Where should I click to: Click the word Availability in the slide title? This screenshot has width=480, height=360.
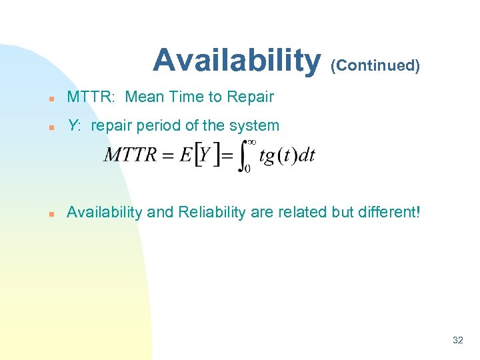pyautogui.click(x=236, y=60)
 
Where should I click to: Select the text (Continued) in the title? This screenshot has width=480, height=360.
pyautogui.click(x=376, y=66)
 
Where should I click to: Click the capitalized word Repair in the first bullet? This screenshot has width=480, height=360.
pyautogui.click(x=250, y=97)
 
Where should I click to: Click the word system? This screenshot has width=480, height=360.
pyautogui.click(x=257, y=125)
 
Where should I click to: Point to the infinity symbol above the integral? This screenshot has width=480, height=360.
pyautogui.click(x=251, y=142)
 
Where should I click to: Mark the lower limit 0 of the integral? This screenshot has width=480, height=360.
pyautogui.click(x=247, y=170)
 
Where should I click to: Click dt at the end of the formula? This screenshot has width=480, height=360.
pyautogui.click(x=306, y=156)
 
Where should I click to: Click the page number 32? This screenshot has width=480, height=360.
pyautogui.click(x=457, y=340)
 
